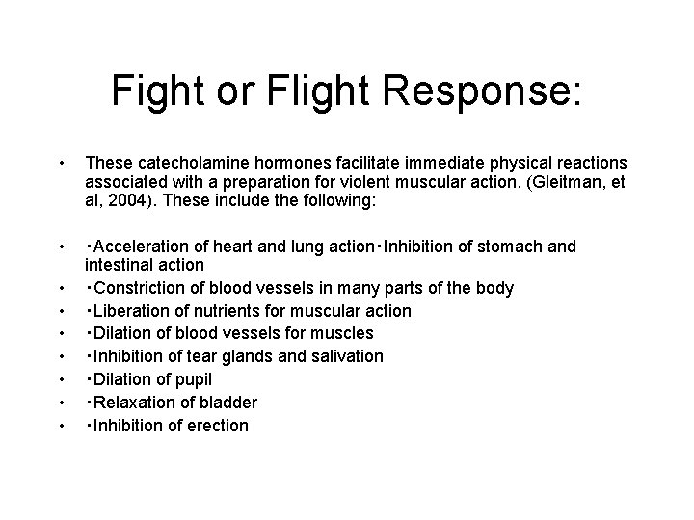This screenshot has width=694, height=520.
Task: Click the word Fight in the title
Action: click(x=156, y=91)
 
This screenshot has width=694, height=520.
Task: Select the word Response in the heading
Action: click(x=475, y=91)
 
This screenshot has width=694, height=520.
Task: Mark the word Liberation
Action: click(x=131, y=311)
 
